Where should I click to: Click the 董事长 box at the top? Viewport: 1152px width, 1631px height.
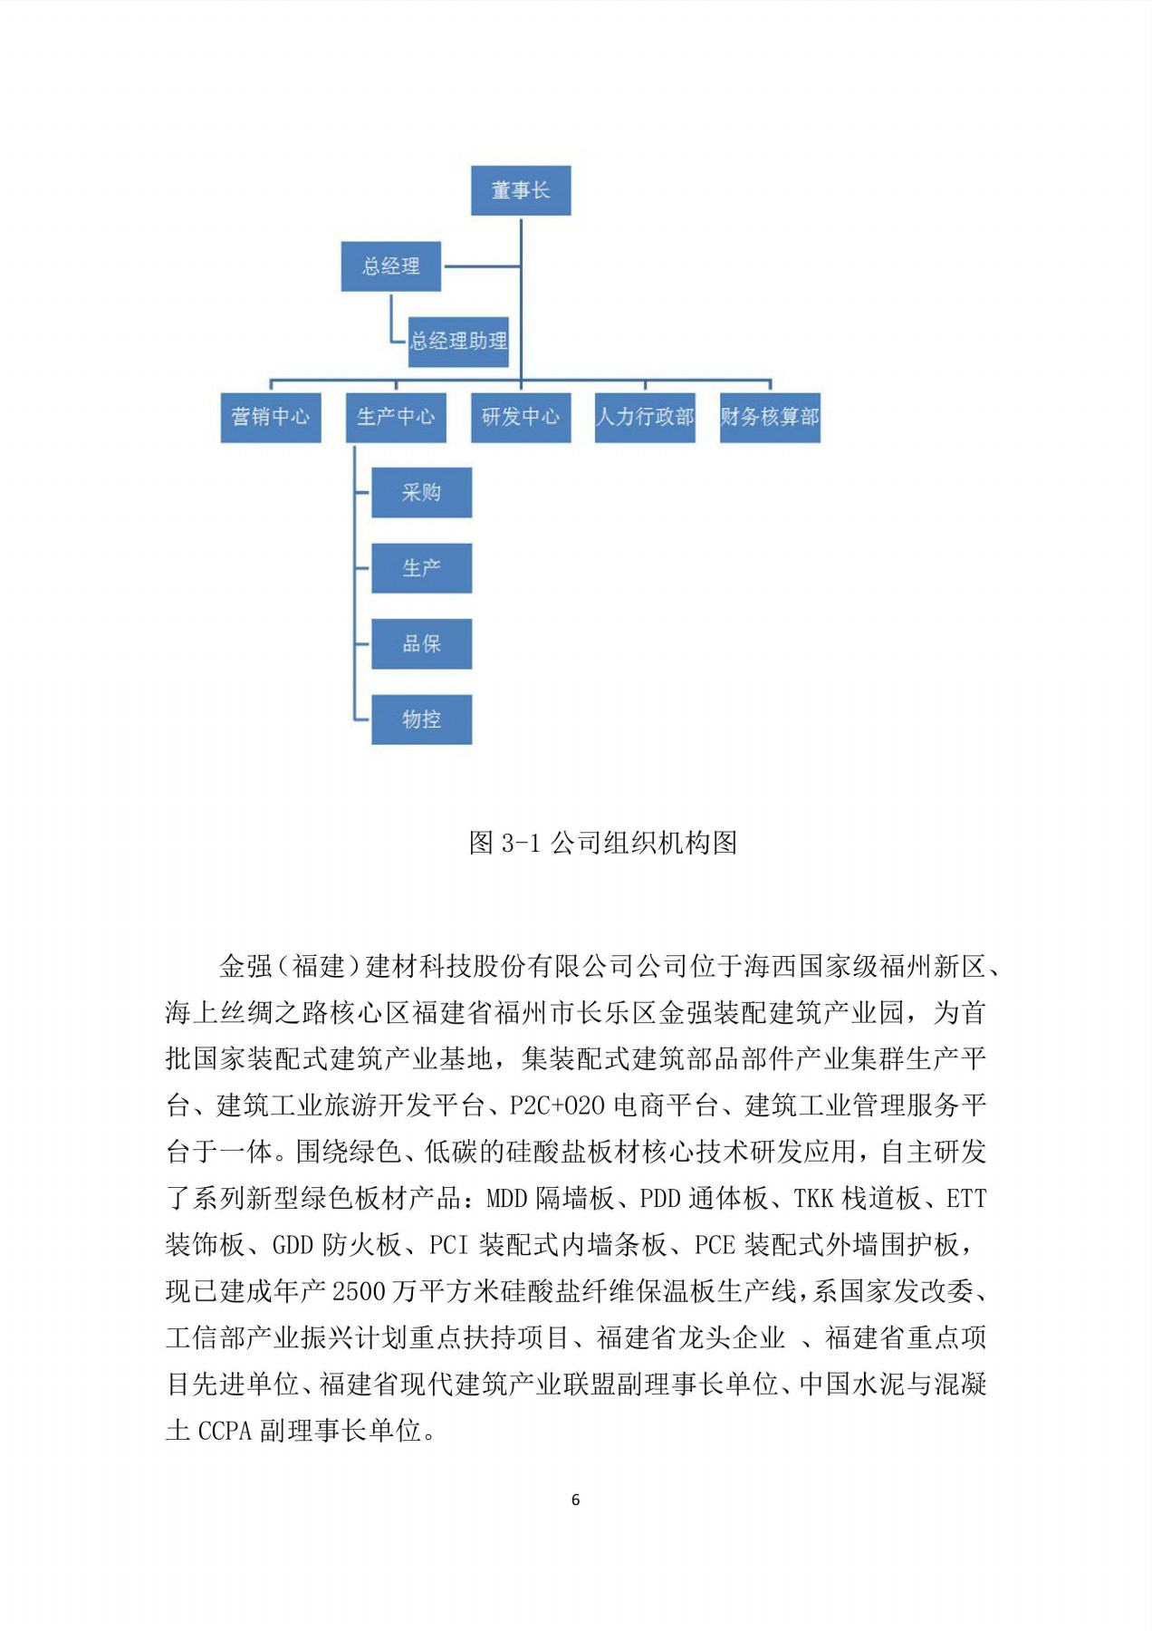coord(521,190)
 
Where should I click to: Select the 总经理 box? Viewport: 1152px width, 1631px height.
coord(390,266)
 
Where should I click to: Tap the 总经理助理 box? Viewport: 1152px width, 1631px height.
coord(458,342)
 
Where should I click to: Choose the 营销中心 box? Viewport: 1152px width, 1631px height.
coord(271,417)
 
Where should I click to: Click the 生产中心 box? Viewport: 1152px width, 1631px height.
coord(396,417)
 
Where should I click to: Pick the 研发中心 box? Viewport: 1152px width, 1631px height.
coord(521,417)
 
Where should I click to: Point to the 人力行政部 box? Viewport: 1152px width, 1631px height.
coord(645,417)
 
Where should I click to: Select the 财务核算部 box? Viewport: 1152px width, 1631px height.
coord(770,417)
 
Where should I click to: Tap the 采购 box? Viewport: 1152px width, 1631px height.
coord(421,493)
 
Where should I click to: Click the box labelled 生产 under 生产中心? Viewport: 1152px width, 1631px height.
coord(421,568)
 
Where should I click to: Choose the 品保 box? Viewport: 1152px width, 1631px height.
coord(421,644)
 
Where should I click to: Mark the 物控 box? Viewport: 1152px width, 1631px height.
coord(421,719)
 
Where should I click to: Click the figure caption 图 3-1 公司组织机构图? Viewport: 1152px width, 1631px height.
coord(602,844)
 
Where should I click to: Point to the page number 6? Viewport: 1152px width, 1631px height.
coord(575,1501)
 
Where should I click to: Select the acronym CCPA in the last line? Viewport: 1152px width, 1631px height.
coord(225,1432)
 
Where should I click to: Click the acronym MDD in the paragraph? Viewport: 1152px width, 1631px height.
coord(507,1199)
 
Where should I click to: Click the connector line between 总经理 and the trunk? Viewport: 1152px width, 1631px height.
coord(481,266)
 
